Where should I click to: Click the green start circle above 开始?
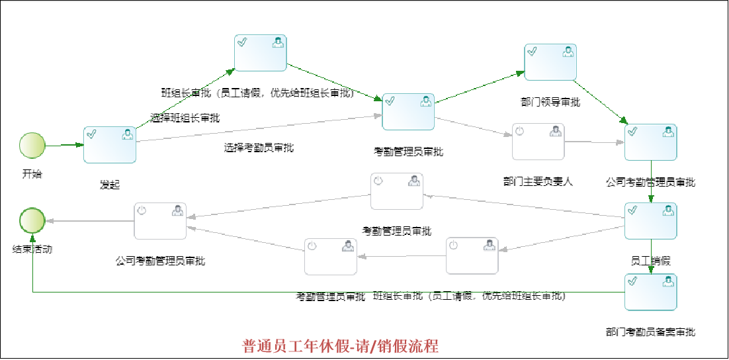pyautogui.click(x=32, y=145)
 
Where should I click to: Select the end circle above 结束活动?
pyautogui.click(x=32, y=221)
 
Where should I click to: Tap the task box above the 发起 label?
pyautogui.click(x=110, y=145)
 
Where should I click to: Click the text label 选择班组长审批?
pyautogui.click(x=185, y=118)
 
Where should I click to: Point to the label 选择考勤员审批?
pyautogui.click(x=259, y=148)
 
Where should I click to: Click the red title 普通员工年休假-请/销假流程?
pyautogui.click(x=341, y=346)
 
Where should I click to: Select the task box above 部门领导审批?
pyautogui.click(x=550, y=62)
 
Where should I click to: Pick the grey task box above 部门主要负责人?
pyautogui.click(x=538, y=142)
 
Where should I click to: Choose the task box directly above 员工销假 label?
pyautogui.click(x=651, y=221)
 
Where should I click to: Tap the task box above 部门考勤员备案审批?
pyautogui.click(x=651, y=292)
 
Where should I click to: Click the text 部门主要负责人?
pyautogui.click(x=538, y=181)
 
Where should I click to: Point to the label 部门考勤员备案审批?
pyautogui.click(x=650, y=332)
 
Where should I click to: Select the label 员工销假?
pyautogui.click(x=651, y=261)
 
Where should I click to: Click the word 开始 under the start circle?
pyautogui.click(x=32, y=174)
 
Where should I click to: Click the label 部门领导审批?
pyautogui.click(x=550, y=102)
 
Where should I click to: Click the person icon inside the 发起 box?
pyautogui.click(x=127, y=135)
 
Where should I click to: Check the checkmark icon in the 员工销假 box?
pyautogui.click(x=632, y=210)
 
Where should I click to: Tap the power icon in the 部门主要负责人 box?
pyautogui.click(x=519, y=132)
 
